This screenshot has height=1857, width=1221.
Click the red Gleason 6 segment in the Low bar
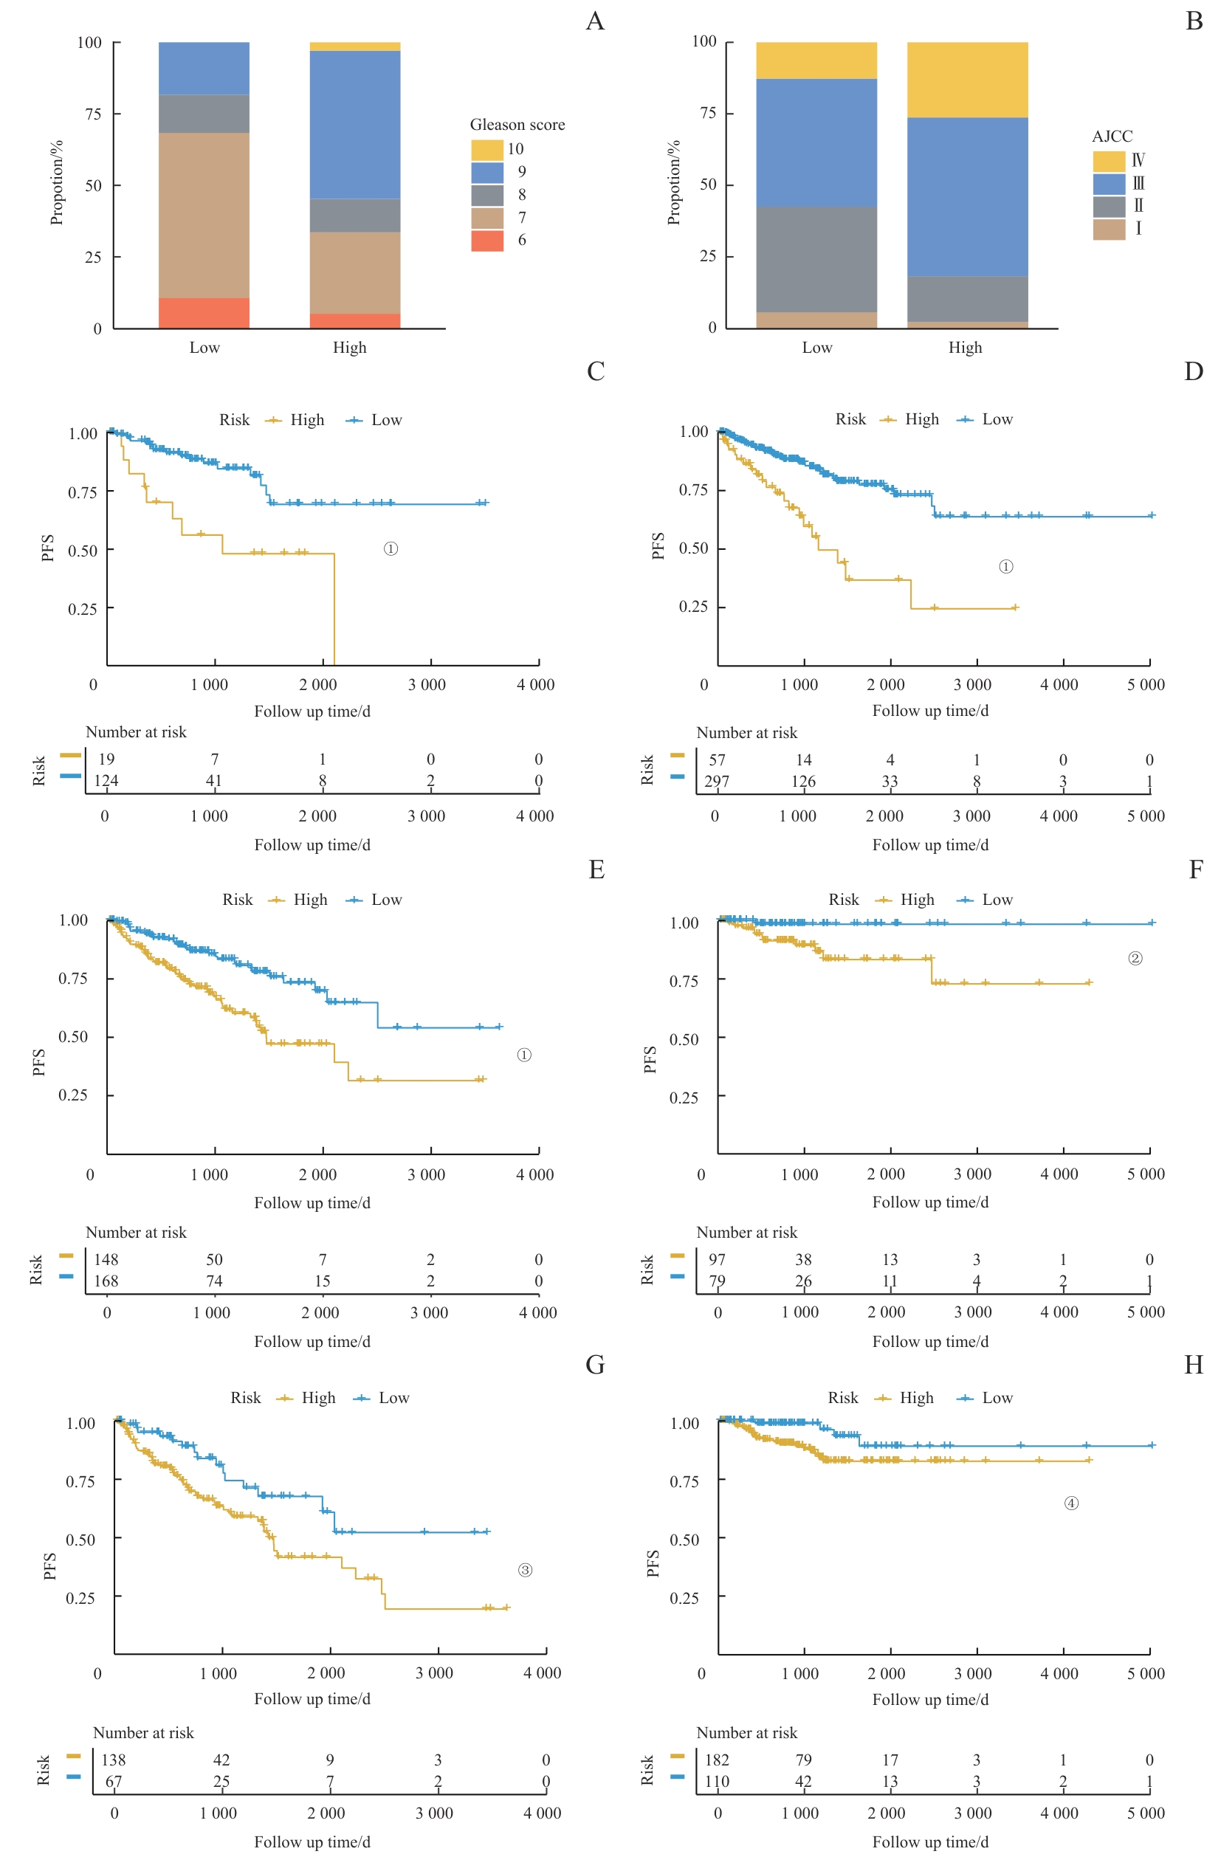tap(204, 313)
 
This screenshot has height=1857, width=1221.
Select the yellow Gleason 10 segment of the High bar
tap(355, 46)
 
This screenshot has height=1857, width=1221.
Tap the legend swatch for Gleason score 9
tap(486, 173)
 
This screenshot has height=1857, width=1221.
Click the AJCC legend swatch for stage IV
tap(1108, 161)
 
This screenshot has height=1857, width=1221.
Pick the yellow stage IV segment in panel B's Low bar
tap(816, 61)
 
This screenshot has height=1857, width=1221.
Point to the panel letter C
tap(595, 371)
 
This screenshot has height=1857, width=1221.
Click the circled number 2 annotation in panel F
tap(1135, 958)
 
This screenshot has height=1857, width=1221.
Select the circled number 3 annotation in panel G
tap(525, 1570)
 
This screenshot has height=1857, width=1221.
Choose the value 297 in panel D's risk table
tap(717, 781)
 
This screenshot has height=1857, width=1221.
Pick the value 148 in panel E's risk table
tap(106, 1259)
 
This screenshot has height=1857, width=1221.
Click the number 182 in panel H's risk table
tap(717, 1760)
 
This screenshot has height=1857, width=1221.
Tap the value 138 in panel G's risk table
tap(113, 1760)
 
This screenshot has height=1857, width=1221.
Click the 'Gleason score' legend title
tap(517, 125)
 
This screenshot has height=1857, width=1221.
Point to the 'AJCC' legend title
tap(1112, 137)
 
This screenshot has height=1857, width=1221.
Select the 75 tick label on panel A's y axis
tap(93, 114)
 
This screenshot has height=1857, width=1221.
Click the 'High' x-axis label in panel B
tap(965, 348)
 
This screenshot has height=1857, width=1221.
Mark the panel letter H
tap(1194, 1365)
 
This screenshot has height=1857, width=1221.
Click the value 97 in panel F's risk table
tap(717, 1259)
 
